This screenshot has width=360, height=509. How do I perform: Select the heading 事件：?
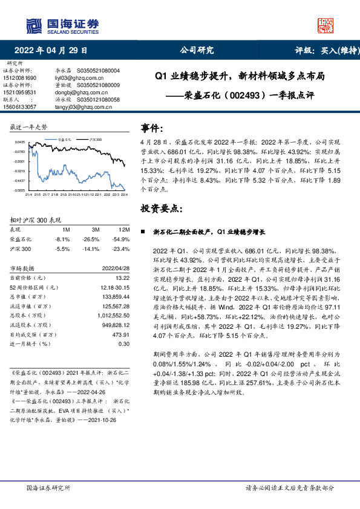click(152, 128)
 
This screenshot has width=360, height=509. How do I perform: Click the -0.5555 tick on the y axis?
click(19, 189)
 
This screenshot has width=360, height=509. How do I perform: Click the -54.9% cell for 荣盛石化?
click(122, 239)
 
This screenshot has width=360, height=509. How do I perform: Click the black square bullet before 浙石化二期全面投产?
click(143, 232)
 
